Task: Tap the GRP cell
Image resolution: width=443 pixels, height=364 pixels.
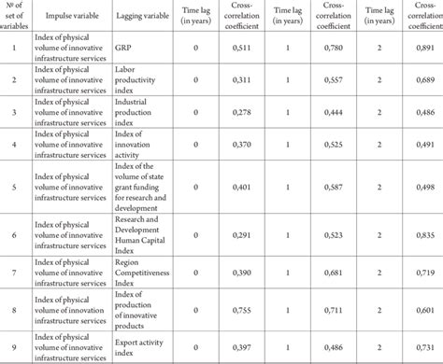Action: coord(121,47)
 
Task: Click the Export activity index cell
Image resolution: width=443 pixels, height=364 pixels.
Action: coord(136,347)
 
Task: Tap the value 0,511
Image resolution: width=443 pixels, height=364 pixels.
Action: coord(241,47)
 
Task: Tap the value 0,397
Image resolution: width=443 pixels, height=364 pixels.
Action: coord(241,347)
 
